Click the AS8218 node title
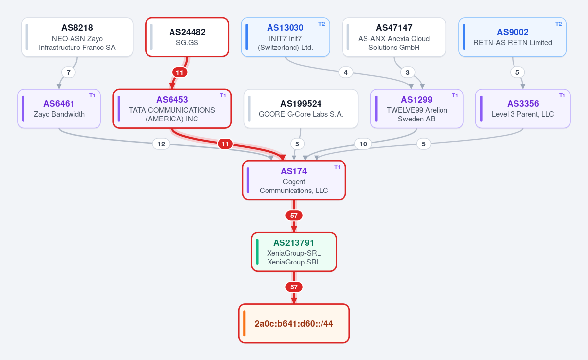coord(77,28)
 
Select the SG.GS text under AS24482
coord(187,43)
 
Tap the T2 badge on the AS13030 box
coord(322,24)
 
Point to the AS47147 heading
coord(394,28)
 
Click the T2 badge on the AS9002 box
coord(558,24)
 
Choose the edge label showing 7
coord(69,72)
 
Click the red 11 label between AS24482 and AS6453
coord(180,72)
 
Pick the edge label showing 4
coord(346,72)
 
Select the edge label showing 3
coord(407,72)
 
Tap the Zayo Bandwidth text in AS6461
coord(59,114)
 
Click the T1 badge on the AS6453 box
coord(223,96)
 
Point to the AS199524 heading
coord(301,104)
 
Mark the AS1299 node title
coord(416,100)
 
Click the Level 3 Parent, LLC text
coord(523,114)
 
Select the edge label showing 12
coord(161,144)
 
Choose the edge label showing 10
coord(363,144)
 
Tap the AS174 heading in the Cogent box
coord(294,171)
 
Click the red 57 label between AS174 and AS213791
coord(294,216)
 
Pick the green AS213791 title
coord(294,243)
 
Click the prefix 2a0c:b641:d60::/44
coord(294,324)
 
